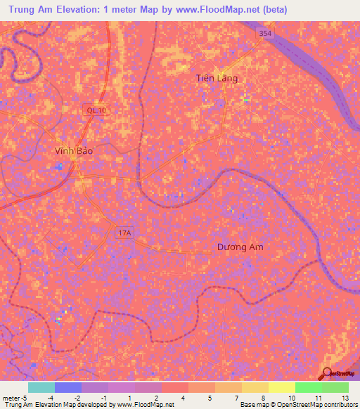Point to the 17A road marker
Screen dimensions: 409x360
click(x=124, y=233)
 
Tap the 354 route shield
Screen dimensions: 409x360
click(x=264, y=34)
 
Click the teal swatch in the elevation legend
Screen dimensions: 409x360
click(x=41, y=387)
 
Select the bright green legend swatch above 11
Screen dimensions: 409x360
click(x=308, y=387)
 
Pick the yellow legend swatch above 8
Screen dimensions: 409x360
click(x=255, y=387)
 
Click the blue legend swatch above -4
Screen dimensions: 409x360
click(x=67, y=387)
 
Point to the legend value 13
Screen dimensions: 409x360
click(x=345, y=398)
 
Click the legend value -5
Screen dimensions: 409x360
click(x=24, y=398)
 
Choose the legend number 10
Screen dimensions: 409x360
click(x=291, y=398)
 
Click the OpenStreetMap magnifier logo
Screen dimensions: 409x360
click(x=326, y=374)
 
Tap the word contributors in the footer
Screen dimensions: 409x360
click(x=340, y=405)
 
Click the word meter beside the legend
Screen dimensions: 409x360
click(x=10, y=398)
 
